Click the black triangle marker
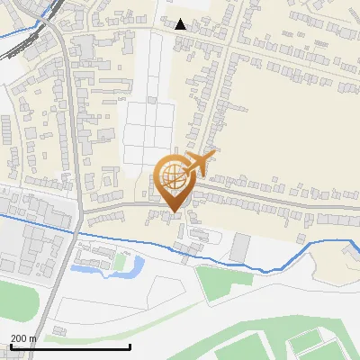coord(181,24)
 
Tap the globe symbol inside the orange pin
coord(173,175)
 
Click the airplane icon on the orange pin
coord(196,164)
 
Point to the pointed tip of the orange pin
coord(174,211)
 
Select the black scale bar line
coord(70,346)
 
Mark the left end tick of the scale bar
coord(10,346)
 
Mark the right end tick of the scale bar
coord(130,346)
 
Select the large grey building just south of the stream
coord(239,247)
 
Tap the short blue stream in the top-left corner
coord(18,36)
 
